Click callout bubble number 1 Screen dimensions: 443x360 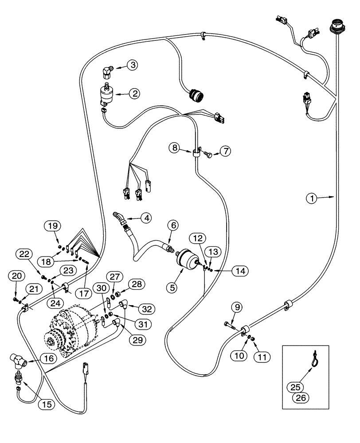click(312, 199)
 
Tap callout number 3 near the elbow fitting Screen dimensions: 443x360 click(132, 65)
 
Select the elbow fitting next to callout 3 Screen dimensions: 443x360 click(106, 71)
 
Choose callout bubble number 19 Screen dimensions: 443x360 click(52, 226)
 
